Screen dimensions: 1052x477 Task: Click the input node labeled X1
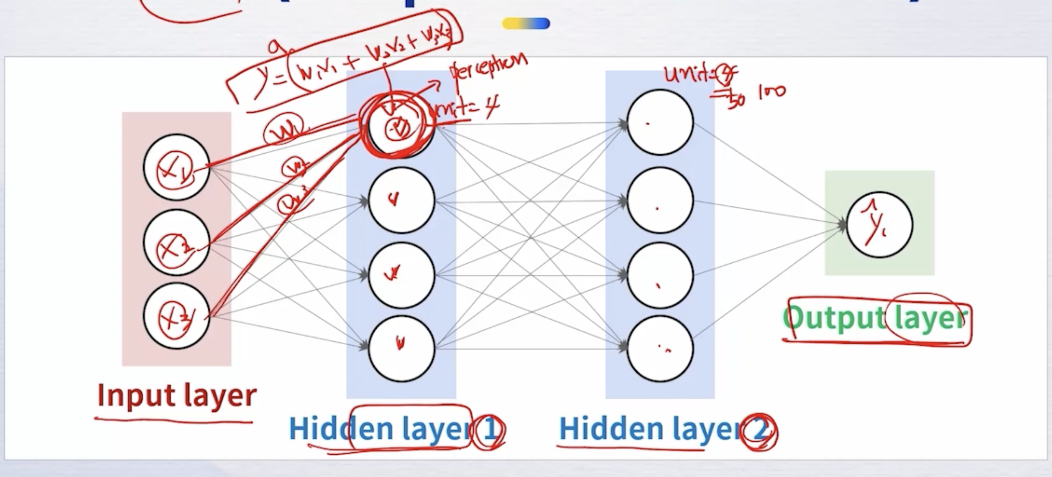pos(177,167)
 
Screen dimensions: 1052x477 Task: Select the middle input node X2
pos(177,243)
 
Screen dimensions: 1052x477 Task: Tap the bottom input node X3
pos(177,317)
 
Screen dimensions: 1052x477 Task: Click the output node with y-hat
pos(880,225)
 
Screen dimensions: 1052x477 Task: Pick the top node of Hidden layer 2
pos(660,122)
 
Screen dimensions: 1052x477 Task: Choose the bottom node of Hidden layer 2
pos(660,349)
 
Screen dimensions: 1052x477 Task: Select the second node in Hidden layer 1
pos(401,200)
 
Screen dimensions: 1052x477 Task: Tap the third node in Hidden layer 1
pos(401,275)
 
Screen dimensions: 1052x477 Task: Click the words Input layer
pos(177,395)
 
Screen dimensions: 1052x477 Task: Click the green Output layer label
pos(874,318)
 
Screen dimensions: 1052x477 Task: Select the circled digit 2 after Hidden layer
pos(760,432)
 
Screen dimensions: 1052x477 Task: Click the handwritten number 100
pos(772,93)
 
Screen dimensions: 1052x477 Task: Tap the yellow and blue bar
pos(526,24)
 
